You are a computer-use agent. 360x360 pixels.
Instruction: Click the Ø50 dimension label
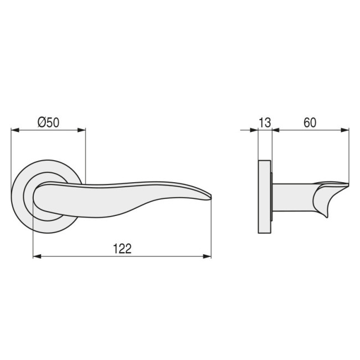point(48,123)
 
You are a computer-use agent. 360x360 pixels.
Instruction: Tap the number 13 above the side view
point(265,123)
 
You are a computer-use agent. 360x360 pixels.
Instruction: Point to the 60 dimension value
point(310,123)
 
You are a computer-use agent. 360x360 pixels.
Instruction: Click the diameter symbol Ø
point(42,123)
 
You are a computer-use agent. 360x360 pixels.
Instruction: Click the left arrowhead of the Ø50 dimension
point(14,131)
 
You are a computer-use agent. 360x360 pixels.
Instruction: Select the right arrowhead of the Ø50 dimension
point(83,131)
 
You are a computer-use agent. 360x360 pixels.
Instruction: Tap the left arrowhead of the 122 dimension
point(37,256)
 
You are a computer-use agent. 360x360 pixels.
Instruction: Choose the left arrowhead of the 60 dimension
point(275,131)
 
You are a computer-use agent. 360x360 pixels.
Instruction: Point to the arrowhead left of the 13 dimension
point(255,131)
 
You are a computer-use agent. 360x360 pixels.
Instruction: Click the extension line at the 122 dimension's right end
point(212,233)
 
